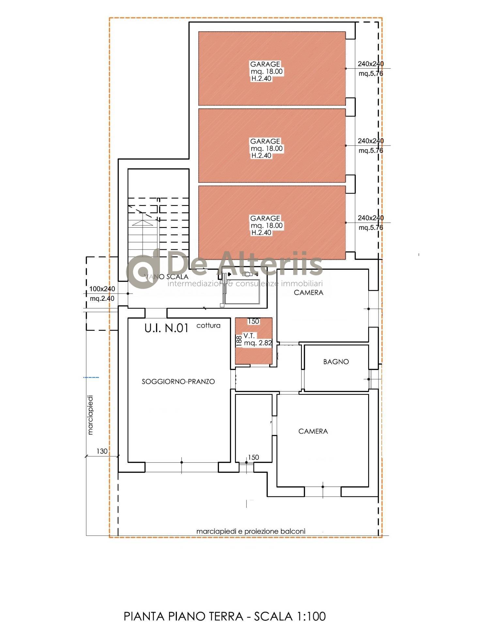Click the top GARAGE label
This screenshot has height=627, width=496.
(x=265, y=64)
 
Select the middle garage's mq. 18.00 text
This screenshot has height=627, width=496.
(x=267, y=149)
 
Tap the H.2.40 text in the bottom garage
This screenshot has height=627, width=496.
(x=261, y=233)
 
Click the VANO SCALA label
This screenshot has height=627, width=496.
(x=166, y=277)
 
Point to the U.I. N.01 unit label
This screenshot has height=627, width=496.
(x=166, y=328)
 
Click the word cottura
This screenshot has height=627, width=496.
(x=209, y=326)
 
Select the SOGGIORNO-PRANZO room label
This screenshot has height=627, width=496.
(x=178, y=381)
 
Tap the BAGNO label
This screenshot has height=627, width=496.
(x=336, y=362)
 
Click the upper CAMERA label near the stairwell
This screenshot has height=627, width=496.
(x=309, y=293)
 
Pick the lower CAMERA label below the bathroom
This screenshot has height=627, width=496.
(x=313, y=431)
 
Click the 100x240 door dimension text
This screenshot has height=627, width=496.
(x=102, y=289)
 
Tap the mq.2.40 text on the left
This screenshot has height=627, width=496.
(x=102, y=298)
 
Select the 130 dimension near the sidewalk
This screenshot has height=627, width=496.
(x=102, y=451)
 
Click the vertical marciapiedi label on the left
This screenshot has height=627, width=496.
(x=90, y=415)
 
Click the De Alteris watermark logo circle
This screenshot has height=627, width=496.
(x=143, y=271)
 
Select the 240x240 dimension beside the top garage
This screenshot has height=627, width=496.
(x=371, y=64)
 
